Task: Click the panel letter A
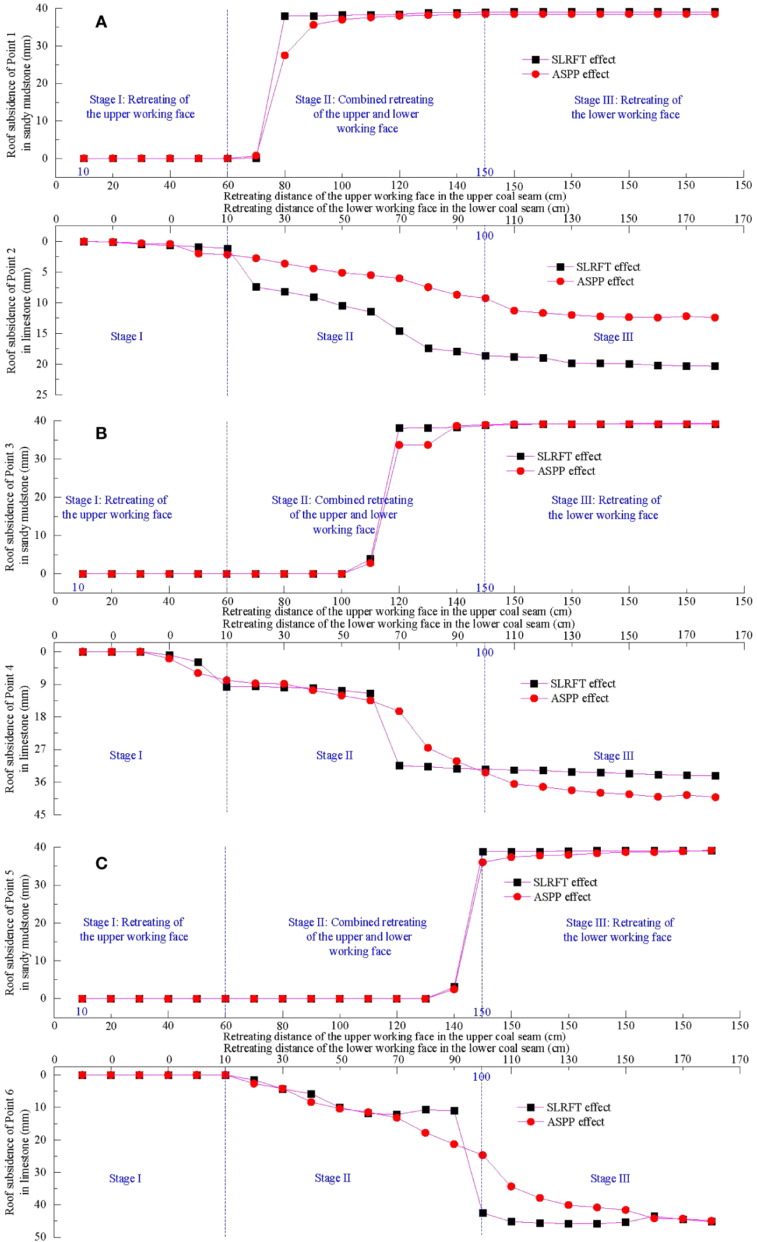click(101, 22)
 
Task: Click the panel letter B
click(101, 433)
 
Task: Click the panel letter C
click(101, 863)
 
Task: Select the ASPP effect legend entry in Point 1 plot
click(580, 74)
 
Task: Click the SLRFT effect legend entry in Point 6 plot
click(578, 1107)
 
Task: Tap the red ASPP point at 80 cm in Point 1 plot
click(285, 55)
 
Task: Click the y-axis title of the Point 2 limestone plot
click(17, 310)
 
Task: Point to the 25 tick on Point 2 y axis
click(41, 394)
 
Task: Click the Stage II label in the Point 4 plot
click(335, 755)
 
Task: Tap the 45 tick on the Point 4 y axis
click(40, 814)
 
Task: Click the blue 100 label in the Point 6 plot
click(481, 1077)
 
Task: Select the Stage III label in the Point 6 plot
click(610, 1178)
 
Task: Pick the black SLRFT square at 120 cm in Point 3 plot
click(399, 428)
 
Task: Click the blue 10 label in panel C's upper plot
click(82, 1011)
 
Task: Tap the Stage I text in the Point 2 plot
click(126, 336)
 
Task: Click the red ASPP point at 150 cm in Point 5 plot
click(483, 862)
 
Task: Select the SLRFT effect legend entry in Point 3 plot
click(568, 456)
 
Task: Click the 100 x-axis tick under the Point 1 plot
click(342, 185)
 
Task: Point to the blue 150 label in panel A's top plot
click(484, 172)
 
